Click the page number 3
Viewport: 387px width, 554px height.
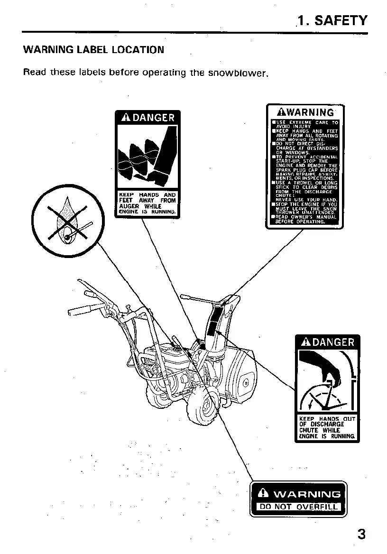[x=361, y=534]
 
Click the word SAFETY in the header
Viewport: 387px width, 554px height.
[x=341, y=20]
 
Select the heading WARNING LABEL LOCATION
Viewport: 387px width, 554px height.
[x=93, y=49]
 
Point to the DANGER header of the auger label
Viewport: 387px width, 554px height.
[x=147, y=118]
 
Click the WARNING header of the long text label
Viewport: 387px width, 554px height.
[x=305, y=112]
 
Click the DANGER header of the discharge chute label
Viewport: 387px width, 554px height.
[x=328, y=342]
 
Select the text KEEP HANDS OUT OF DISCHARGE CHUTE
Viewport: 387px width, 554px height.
[x=328, y=427]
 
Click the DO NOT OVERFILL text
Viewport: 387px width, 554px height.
[x=299, y=507]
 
